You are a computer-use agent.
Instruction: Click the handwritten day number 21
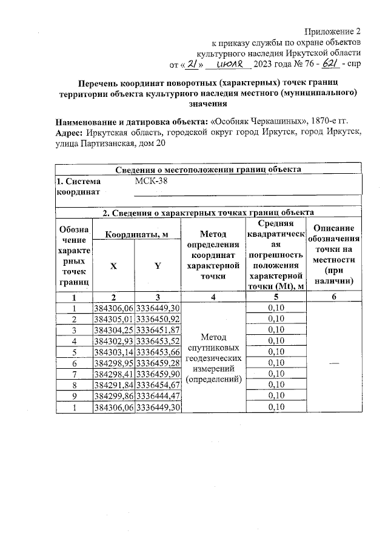click(190, 64)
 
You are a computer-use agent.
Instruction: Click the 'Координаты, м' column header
click(136, 234)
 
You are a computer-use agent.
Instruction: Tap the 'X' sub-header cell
click(113, 267)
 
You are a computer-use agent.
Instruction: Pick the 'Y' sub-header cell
click(158, 267)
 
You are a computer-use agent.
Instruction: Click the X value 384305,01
click(113, 319)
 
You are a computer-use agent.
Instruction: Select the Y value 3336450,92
click(158, 319)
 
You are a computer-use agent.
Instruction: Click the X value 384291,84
click(113, 384)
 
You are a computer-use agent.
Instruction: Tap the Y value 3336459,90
click(158, 373)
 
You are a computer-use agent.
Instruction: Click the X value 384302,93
click(113, 340)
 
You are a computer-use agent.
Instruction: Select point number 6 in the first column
click(74, 362)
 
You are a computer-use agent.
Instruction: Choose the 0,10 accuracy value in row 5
click(276, 351)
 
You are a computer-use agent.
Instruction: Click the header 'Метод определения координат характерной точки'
click(212, 255)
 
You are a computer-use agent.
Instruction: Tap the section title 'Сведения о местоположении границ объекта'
click(209, 170)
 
